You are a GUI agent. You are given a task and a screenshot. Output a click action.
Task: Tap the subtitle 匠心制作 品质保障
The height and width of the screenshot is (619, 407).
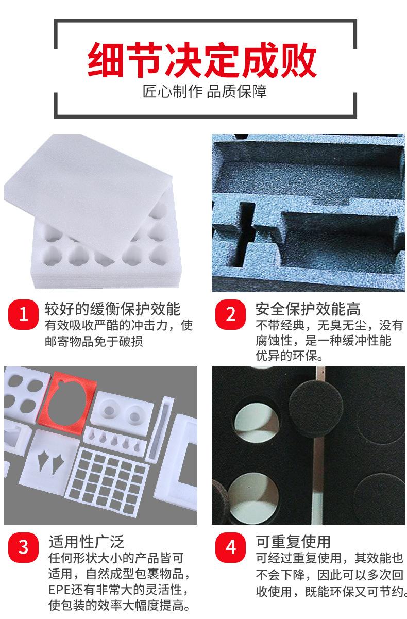pyautogui.click(x=205, y=92)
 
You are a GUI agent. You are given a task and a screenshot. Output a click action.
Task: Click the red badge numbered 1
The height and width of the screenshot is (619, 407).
pyautogui.click(x=23, y=315)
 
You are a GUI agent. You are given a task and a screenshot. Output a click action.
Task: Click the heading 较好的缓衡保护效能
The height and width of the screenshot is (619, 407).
pyautogui.click(x=112, y=309)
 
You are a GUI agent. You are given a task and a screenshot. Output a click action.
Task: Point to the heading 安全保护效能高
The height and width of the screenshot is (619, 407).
pyautogui.click(x=308, y=309)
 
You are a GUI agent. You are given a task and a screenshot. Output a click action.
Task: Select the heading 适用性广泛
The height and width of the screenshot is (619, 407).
pyautogui.click(x=86, y=541)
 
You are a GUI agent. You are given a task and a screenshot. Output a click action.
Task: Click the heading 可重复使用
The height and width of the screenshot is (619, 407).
pyautogui.click(x=293, y=541)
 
